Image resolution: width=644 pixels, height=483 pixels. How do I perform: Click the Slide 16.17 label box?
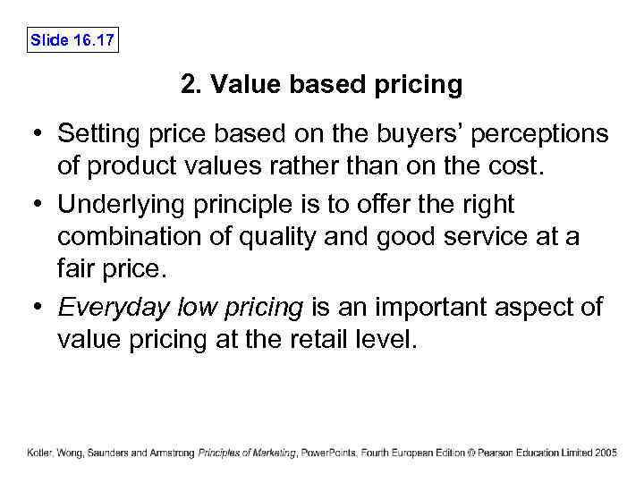[72, 40]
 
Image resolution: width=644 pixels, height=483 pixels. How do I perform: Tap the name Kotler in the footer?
[40, 453]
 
